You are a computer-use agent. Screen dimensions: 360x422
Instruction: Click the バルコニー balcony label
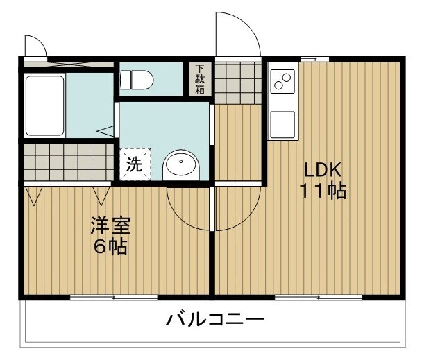pos(215,320)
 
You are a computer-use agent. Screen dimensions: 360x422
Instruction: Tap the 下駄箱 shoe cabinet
pos(200,79)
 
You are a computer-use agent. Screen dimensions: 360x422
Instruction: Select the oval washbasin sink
pos(181,166)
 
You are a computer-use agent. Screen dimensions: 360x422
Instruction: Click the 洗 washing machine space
pos(134,164)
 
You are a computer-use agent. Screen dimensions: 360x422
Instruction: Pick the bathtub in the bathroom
pos(45,106)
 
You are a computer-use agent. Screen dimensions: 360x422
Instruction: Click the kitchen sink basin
pos(282,124)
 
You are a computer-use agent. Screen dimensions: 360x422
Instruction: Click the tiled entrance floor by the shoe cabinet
pos(236,82)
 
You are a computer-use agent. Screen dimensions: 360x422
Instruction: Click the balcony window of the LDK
pos(318,298)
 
